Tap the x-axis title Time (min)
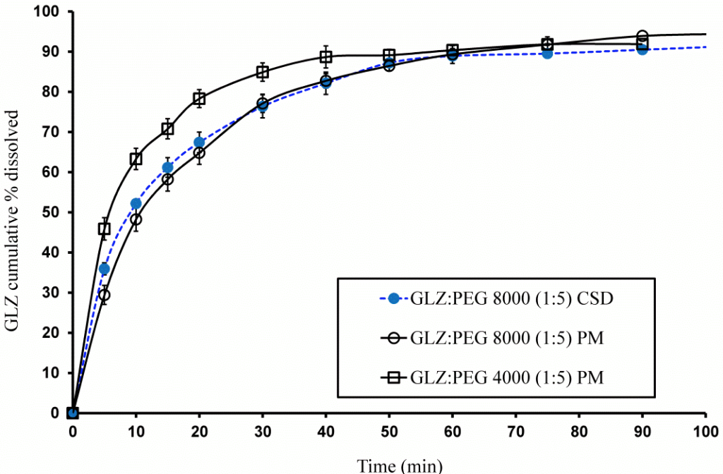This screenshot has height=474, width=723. [x=400, y=465]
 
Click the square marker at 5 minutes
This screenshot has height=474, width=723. [x=104, y=229]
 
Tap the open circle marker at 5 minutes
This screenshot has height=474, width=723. [x=104, y=295]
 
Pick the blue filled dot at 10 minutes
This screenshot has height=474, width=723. [x=136, y=204]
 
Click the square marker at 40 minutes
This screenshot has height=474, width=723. [x=325, y=57]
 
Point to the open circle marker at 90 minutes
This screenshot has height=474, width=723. [x=643, y=37]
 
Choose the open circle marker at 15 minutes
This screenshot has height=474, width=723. [x=167, y=179]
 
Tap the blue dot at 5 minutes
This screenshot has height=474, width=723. [x=104, y=269]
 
